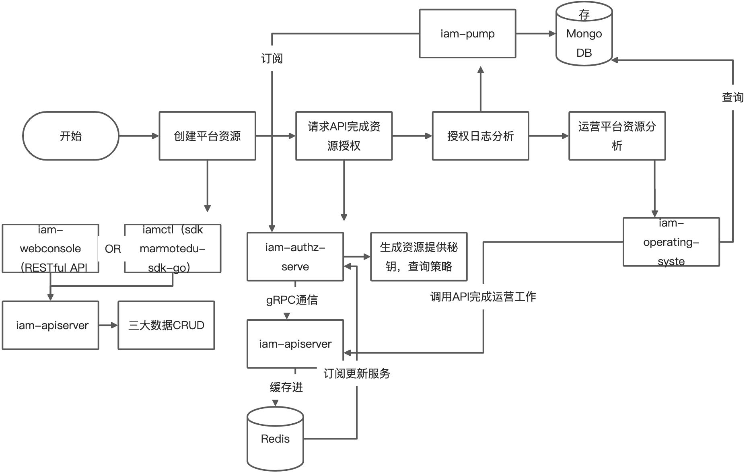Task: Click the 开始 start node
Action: coord(70,136)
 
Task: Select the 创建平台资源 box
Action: coord(207,136)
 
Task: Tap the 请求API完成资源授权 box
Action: coord(344,136)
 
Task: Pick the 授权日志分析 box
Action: coord(480,136)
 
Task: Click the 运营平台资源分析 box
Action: coord(617,136)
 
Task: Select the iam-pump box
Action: coord(467,34)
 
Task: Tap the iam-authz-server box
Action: coord(295,257)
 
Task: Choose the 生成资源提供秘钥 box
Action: coord(418,257)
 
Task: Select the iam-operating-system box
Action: coord(671,242)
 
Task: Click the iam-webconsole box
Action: coord(50,249)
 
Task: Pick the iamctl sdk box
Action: coord(173,249)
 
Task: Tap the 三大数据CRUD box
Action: coord(166,325)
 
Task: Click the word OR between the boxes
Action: coord(113,249)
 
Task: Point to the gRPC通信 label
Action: coord(292,300)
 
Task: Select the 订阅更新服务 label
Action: coord(356,373)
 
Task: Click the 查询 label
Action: coord(732,97)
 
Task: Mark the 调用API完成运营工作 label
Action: coord(483,297)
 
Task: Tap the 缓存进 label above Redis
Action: coord(286,387)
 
